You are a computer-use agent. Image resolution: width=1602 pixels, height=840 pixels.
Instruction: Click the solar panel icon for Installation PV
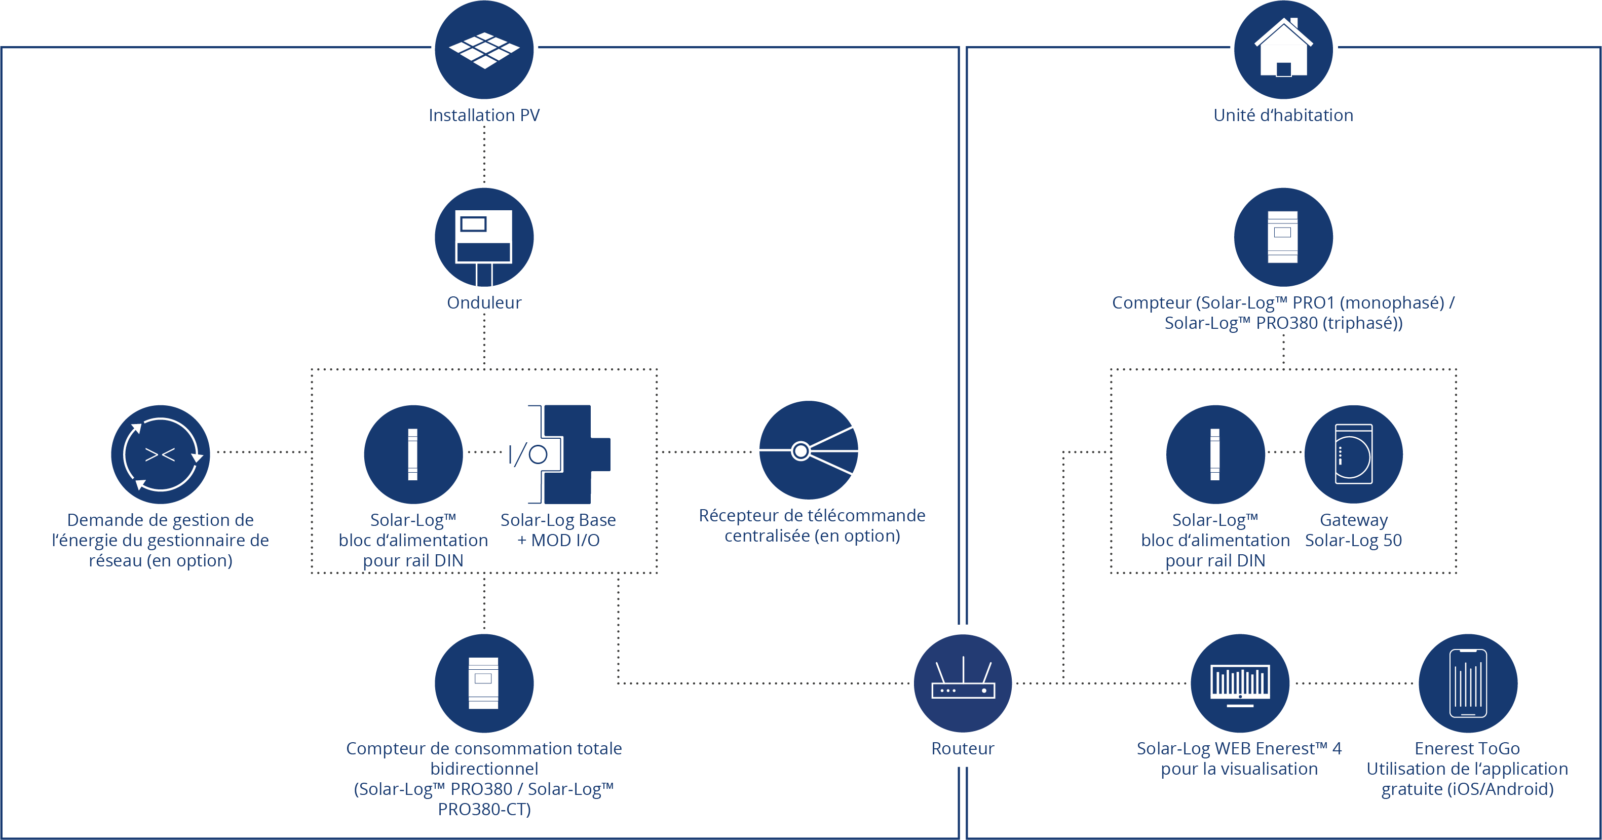tap(484, 50)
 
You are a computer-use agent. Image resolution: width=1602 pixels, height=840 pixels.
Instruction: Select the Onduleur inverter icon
tap(484, 237)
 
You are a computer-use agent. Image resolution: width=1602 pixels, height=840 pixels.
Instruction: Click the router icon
tap(963, 683)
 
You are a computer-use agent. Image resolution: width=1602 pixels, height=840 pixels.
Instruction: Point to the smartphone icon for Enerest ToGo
tap(1468, 683)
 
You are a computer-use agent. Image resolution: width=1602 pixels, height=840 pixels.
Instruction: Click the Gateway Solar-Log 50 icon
tap(1353, 454)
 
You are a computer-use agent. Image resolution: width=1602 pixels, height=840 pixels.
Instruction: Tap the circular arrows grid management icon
tap(161, 454)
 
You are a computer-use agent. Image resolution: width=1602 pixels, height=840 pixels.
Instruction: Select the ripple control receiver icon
tap(809, 450)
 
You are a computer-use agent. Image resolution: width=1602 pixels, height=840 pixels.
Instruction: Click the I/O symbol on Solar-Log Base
tap(528, 454)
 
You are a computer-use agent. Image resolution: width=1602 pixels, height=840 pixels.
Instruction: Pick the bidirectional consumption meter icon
tap(484, 683)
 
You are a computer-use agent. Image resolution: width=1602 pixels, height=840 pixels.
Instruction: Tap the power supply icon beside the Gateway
tap(1215, 454)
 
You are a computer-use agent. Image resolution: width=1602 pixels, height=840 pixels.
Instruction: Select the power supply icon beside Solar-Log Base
tap(413, 454)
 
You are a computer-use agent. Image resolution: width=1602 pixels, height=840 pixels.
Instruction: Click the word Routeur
tap(963, 749)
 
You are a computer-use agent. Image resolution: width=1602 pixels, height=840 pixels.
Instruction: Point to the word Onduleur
tap(484, 303)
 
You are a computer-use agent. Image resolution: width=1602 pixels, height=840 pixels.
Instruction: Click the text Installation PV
tap(484, 116)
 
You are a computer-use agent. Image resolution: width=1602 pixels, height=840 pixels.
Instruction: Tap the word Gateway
tap(1354, 520)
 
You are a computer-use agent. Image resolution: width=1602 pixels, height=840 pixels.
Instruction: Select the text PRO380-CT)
tap(484, 810)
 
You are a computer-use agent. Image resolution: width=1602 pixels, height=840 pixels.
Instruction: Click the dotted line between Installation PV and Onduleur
tap(484, 154)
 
